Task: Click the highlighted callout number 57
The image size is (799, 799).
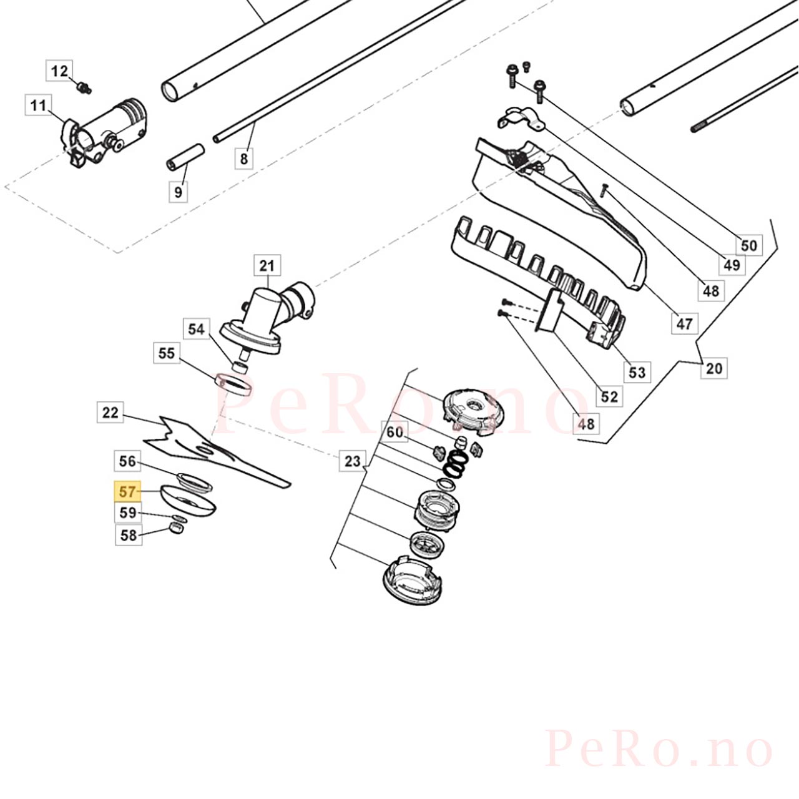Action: click(128, 492)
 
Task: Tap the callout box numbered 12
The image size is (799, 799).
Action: click(59, 71)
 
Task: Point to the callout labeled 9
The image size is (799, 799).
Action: click(179, 192)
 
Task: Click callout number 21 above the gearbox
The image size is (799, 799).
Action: click(267, 266)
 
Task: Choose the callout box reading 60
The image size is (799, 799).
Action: click(395, 432)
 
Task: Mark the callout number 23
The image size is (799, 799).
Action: click(353, 461)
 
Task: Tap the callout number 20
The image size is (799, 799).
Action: click(714, 368)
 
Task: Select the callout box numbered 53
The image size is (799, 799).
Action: click(637, 372)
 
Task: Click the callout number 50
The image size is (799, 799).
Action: click(749, 245)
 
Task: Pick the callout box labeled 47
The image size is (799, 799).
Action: click(685, 323)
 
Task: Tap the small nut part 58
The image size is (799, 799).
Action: click(177, 528)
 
